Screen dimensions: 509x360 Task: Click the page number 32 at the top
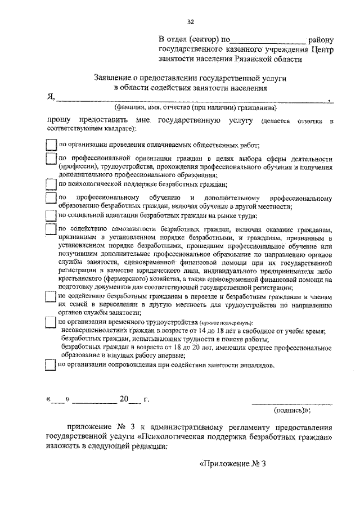point(190,22)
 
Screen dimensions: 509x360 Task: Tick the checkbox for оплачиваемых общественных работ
point(51,145)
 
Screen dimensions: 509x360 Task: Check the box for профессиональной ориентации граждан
point(51,160)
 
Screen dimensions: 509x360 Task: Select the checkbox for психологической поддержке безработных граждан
point(51,183)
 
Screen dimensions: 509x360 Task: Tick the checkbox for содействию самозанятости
point(51,229)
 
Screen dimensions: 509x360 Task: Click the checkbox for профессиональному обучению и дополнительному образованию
point(51,199)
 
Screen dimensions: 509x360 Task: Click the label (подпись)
point(292,411)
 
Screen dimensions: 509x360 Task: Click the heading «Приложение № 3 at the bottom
point(232,465)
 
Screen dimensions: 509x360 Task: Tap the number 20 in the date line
point(124,399)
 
